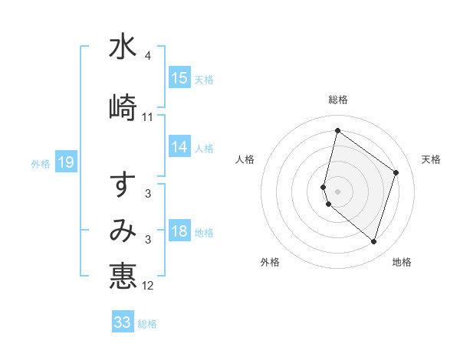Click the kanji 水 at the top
pos(123,47)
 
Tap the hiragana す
pos(123,185)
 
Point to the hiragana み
pos(123,231)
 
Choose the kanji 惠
pos(123,276)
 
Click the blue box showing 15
pos(179,78)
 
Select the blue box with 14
pos(179,148)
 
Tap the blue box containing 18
pos(179,232)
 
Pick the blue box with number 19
pos(66,162)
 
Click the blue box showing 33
pos(123,322)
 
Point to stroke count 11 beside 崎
pos(148,117)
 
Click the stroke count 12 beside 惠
pos(148,286)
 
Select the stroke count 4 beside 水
pos(148,57)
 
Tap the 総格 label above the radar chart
pos(338,100)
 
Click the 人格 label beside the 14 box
pos(204,149)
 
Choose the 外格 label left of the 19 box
pos(41,163)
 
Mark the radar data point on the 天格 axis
pos(396,172)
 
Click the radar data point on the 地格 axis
pos(374,242)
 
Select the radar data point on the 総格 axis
pos(337,130)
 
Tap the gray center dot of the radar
pos(337,191)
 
